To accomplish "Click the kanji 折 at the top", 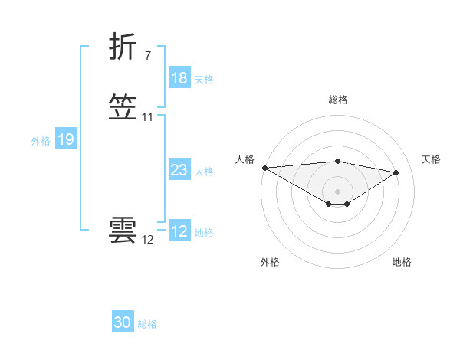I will [123, 47].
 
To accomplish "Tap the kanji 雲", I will [123, 232].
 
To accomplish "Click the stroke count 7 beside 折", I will [147, 55].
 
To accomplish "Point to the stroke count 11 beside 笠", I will [148, 117].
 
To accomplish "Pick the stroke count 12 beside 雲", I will [148, 240].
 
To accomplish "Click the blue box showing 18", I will [179, 78].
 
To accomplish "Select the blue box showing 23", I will [179, 171].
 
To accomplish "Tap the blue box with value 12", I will [179, 232].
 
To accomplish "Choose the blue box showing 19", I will [66, 139].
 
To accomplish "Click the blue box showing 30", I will [123, 323].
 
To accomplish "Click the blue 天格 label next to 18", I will [204, 79].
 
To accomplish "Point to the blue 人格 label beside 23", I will [204, 172].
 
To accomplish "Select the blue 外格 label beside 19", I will [41, 140].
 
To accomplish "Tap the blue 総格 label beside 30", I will [147, 324].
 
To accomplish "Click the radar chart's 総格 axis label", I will [337, 100].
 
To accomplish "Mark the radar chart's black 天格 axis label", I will [431, 159].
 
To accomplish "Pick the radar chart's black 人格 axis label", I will [245, 159].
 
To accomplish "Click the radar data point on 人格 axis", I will [264, 168].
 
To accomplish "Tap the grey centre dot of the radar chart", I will [337, 191].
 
